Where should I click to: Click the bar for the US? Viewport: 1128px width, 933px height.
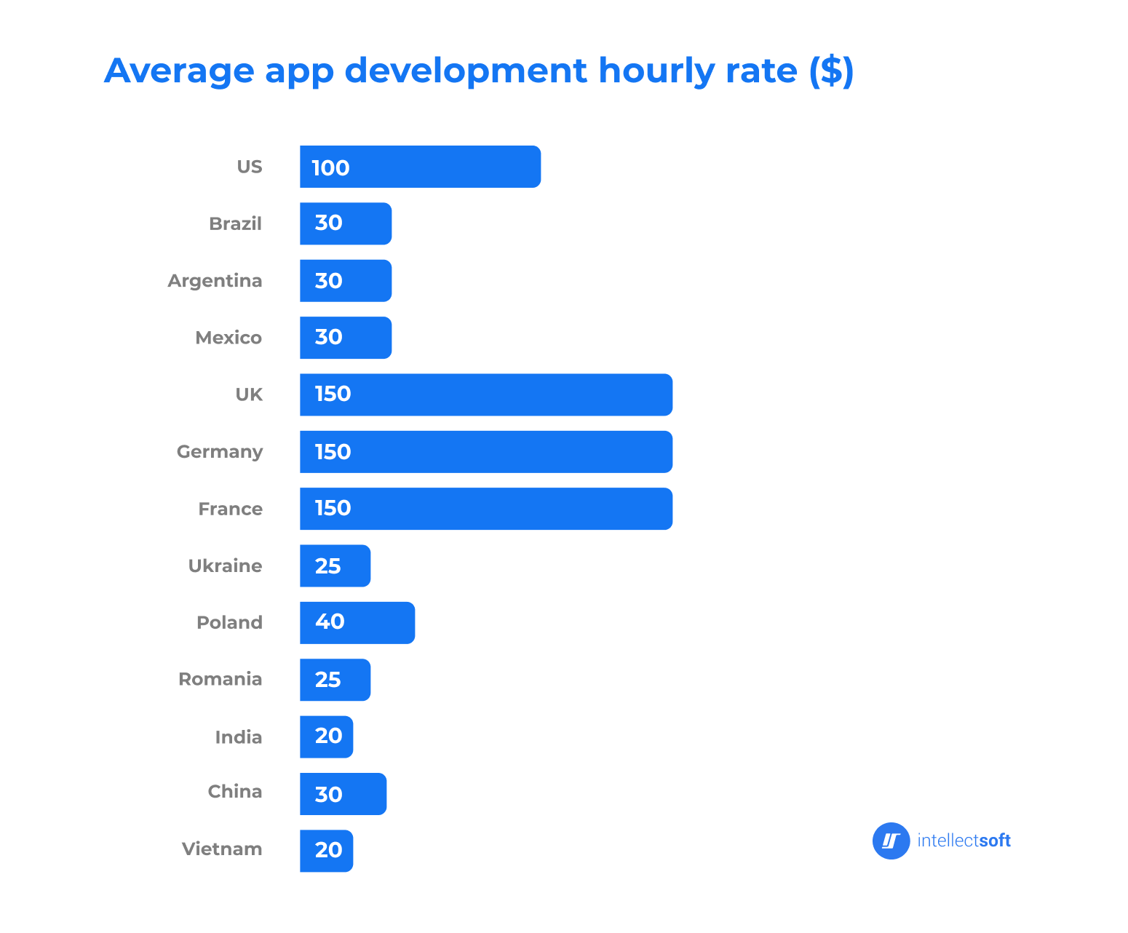pos(420,167)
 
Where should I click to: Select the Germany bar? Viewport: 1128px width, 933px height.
pos(485,452)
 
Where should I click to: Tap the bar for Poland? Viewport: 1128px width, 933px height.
pos(357,623)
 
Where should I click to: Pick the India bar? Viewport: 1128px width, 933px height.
pos(326,737)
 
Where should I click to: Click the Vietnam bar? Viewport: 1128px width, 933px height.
pos(326,851)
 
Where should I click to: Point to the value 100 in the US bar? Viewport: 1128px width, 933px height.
pos(330,168)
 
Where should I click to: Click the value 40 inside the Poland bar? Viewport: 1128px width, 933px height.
pos(330,622)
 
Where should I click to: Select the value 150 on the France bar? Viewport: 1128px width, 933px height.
pos(333,508)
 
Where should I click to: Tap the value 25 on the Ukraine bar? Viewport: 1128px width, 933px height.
pos(327,566)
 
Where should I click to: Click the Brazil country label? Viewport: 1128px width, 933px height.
pos(235,223)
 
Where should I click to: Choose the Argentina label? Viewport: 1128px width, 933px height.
pos(215,281)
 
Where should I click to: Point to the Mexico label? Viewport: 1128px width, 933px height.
pos(229,338)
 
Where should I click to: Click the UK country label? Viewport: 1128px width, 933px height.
pos(249,394)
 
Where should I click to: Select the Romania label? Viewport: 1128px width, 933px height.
pos(220,680)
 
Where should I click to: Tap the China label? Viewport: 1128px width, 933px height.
pos(234,792)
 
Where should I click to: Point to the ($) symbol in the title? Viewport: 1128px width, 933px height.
pos(831,71)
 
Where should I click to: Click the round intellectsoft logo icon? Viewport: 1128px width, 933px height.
pos(891,841)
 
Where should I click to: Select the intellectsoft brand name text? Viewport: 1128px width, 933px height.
pos(964,841)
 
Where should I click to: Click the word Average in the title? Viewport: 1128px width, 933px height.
pos(179,71)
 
